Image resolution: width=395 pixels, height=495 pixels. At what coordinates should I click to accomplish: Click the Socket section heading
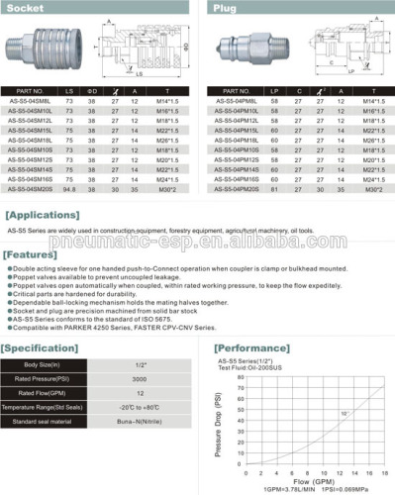(x=29, y=7)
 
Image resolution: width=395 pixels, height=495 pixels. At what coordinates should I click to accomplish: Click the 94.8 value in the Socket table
(x=70, y=187)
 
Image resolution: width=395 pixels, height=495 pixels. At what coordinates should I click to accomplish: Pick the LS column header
(x=70, y=90)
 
